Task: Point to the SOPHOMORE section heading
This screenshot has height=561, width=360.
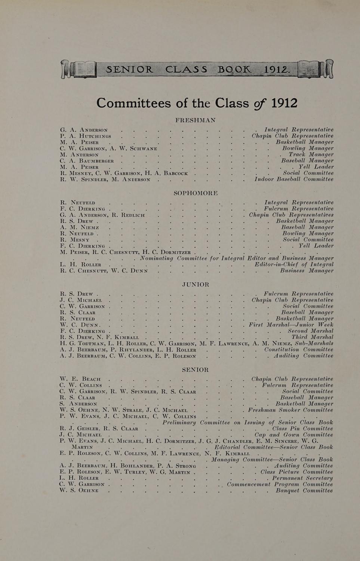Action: pos(196,193)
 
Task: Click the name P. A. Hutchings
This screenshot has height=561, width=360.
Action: pos(85,136)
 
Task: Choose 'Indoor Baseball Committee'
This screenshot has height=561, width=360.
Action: pos(294,179)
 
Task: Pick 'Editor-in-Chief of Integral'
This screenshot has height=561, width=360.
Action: pos(294,264)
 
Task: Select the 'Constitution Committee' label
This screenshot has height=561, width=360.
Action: pos(298,350)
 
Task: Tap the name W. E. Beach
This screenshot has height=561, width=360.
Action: pos(80,379)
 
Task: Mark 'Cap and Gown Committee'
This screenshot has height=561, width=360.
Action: pos(293,435)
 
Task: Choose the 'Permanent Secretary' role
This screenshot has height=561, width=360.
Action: pos(302,478)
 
